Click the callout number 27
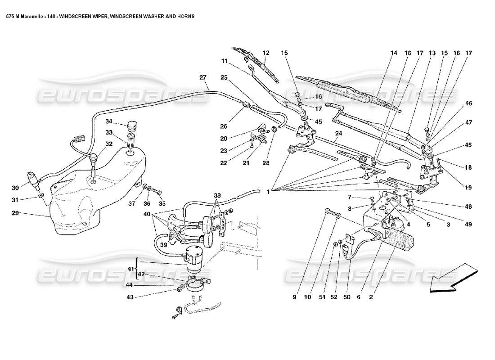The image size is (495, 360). [x=202, y=77]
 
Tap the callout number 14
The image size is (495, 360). [x=394, y=53]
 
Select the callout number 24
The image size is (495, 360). [x=338, y=133]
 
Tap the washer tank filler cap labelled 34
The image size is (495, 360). [x=132, y=126]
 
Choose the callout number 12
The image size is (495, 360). [x=265, y=53]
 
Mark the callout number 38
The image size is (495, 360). [x=217, y=196]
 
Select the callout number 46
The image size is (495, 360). [x=468, y=103]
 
